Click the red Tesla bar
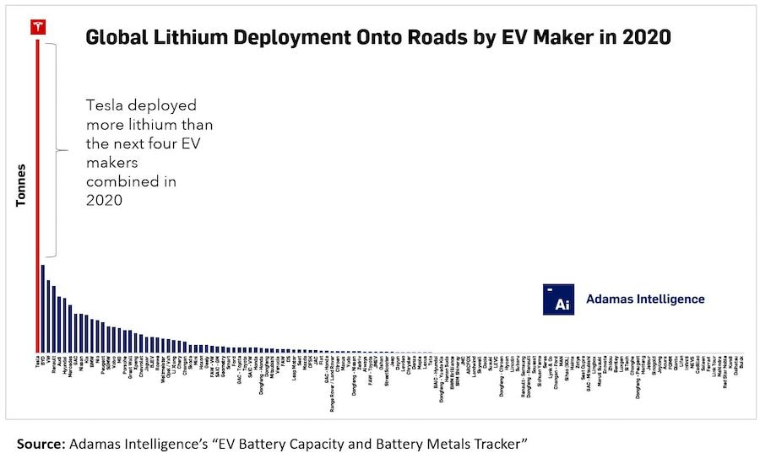coord(37,194)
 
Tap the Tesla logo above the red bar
coord(37,26)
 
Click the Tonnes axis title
coord(22,184)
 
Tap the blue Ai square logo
coord(558,299)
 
